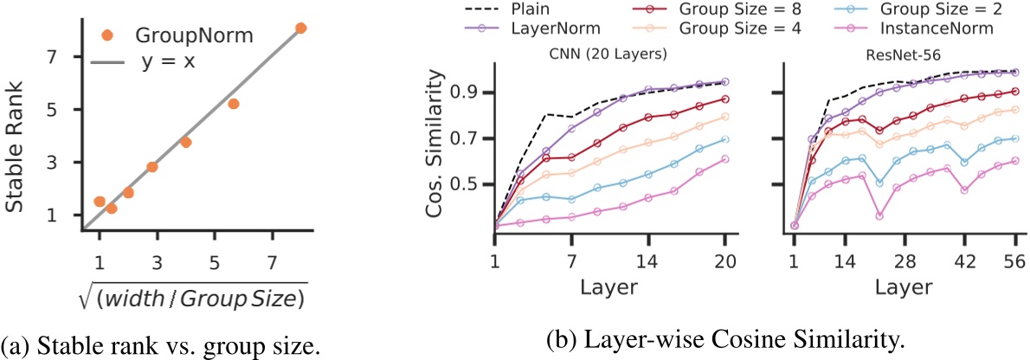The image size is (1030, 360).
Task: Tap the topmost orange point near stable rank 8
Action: tap(300, 29)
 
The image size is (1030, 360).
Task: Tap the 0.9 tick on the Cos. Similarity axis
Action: tap(469, 93)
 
